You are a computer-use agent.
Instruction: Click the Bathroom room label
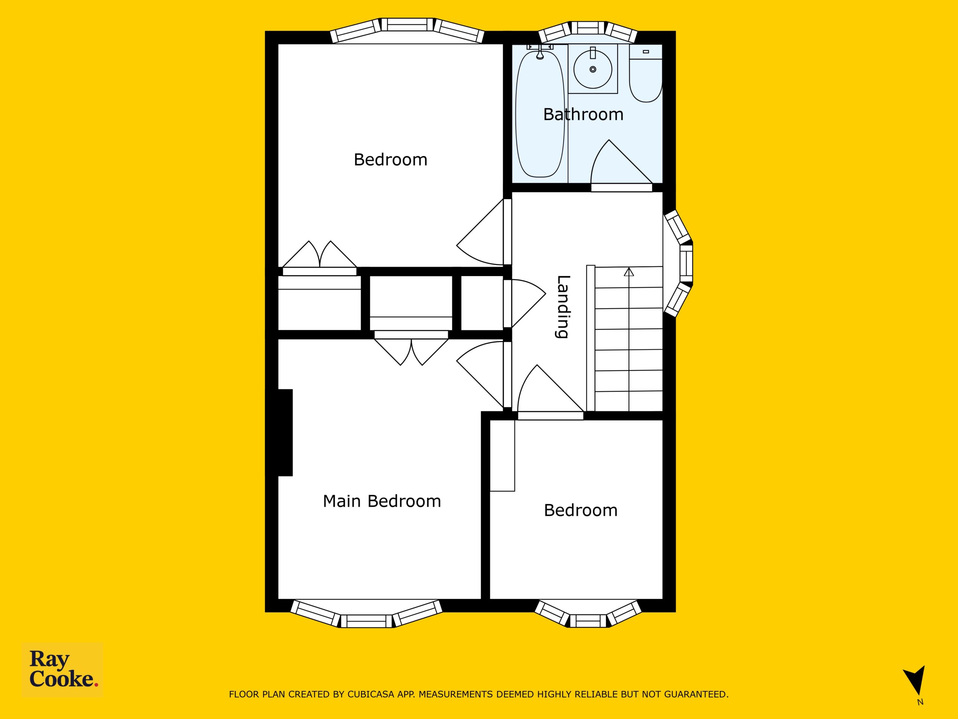[x=583, y=115]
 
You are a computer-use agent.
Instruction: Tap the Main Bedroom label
[x=382, y=501]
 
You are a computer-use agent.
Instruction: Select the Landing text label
[x=562, y=306]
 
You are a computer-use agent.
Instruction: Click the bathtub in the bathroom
[x=540, y=113]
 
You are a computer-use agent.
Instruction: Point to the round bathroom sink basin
[x=592, y=69]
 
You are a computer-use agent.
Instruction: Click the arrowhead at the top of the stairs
[x=629, y=272]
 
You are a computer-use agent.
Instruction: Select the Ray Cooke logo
[x=62, y=670]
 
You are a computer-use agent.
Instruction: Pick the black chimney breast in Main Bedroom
[x=285, y=433]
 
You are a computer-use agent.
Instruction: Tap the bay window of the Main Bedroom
[x=366, y=614]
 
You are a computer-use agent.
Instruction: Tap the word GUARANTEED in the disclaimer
[x=700, y=694]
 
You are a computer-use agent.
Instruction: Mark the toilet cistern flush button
[x=646, y=52]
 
